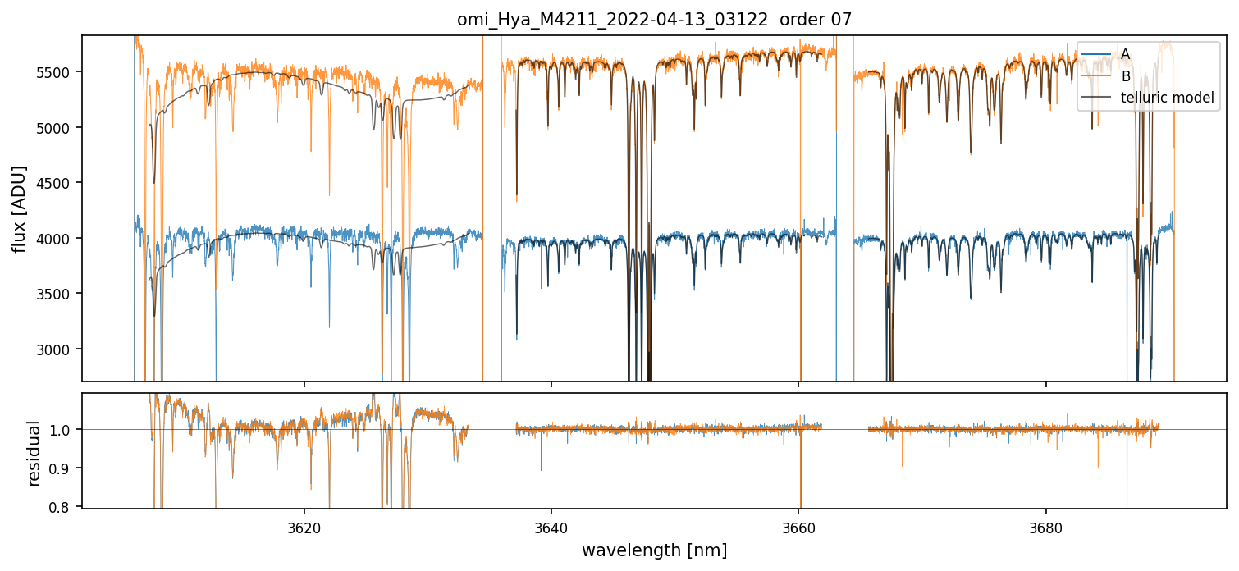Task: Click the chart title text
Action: (654, 20)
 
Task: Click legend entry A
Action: (1126, 54)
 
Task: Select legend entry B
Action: (1126, 76)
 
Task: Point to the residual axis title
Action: (34, 453)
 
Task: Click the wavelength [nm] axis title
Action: (654, 550)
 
